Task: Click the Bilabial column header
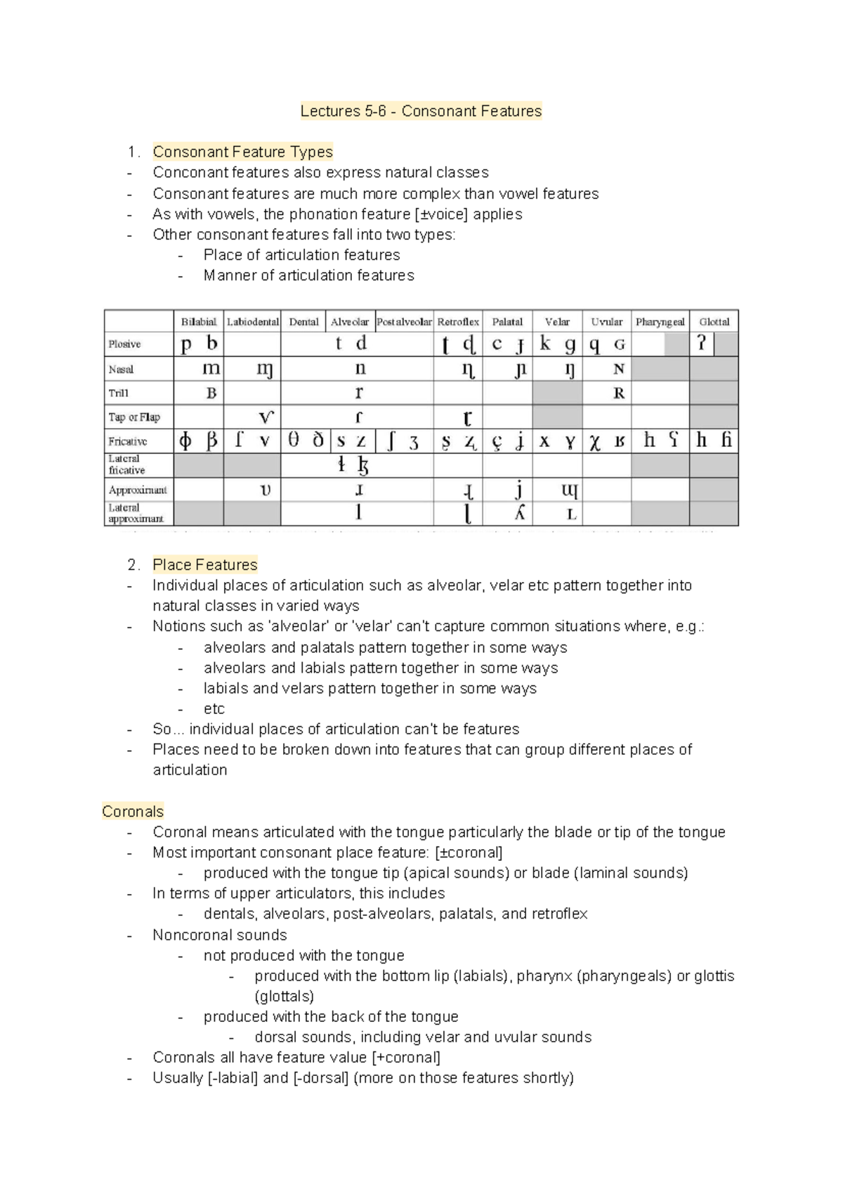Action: tap(199, 322)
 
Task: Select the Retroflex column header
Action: tap(458, 322)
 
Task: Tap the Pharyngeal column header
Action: tap(660, 322)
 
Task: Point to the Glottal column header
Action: tap(714, 322)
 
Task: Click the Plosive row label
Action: tap(125, 344)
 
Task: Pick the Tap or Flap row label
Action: tap(134, 417)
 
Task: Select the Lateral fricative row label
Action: tap(127, 465)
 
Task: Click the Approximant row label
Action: tap(138, 490)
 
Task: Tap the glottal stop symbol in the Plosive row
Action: tap(700, 344)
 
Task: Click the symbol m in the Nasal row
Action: tap(211, 368)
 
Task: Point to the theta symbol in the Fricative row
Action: tap(294, 441)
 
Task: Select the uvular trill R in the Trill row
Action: tap(618, 393)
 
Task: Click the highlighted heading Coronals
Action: tap(133, 811)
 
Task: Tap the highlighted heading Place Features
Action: tap(205, 564)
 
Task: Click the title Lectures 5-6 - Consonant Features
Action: tap(421, 111)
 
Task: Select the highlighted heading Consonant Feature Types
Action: tap(243, 152)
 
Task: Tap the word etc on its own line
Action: tap(214, 708)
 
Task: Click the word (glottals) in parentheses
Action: tap(285, 996)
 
